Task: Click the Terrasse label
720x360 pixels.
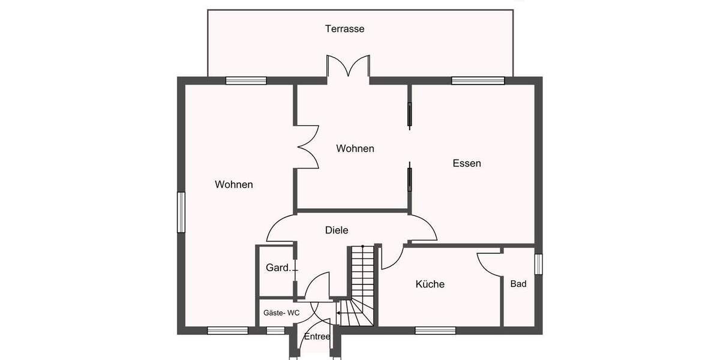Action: coord(344,29)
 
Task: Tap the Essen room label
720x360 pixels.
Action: coord(467,163)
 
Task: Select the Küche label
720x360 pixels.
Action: coord(430,284)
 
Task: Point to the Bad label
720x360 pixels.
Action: coord(518,284)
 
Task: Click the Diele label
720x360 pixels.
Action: coord(337,230)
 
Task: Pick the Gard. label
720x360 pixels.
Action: coord(277,268)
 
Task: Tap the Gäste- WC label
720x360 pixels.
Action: coord(281,313)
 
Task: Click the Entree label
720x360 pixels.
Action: coord(317,337)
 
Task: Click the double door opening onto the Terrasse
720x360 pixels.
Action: coord(347,67)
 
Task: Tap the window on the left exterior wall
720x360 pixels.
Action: coord(181,212)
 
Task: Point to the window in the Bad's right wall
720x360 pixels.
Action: coord(538,264)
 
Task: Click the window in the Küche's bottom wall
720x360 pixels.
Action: coord(435,330)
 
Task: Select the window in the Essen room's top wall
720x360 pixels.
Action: coord(478,80)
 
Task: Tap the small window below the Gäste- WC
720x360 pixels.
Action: coord(275,330)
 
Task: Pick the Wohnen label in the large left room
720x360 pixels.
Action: coord(233,185)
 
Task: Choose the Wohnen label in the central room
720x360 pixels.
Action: coord(355,148)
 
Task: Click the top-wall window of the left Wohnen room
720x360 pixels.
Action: coord(246,80)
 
